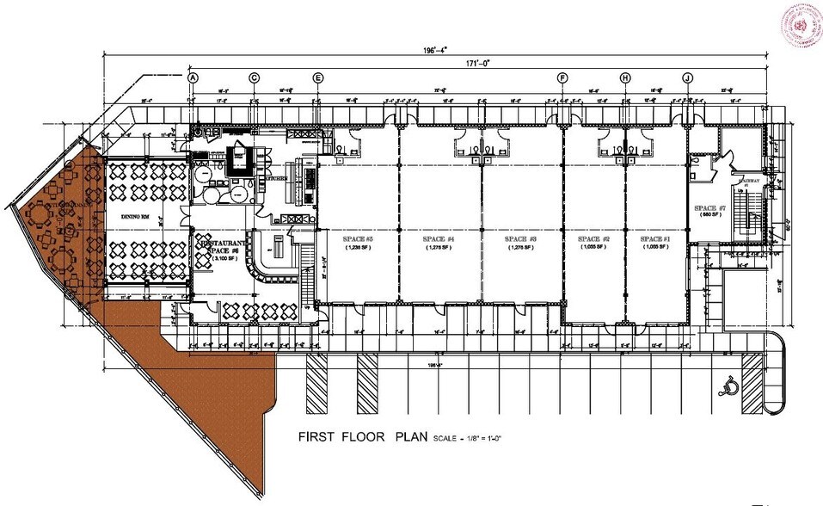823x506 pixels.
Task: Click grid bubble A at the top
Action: [x=193, y=77]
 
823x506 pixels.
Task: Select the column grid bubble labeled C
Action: [x=255, y=77]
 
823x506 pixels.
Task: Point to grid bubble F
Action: [x=563, y=77]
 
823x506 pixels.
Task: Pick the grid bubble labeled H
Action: [x=625, y=77]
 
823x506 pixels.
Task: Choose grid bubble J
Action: [x=688, y=77]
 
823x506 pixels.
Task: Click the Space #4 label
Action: [x=439, y=238]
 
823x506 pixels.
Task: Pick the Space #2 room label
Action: [x=594, y=238]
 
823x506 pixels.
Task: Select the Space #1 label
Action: [x=655, y=238]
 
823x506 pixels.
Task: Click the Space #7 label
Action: [x=710, y=209]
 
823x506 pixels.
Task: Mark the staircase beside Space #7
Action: [x=746, y=211]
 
